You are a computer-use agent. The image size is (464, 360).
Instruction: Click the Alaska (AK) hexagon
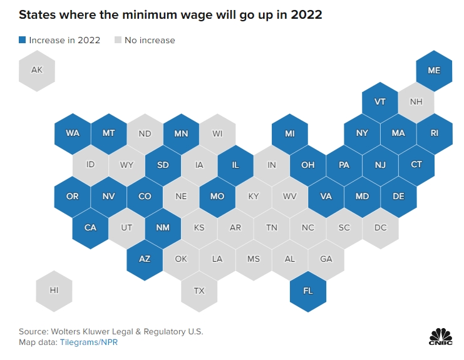pyautogui.click(x=37, y=70)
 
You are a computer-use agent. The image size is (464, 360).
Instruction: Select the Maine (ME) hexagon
pyautogui.click(x=434, y=70)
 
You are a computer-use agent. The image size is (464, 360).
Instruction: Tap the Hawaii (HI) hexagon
pyautogui.click(x=55, y=291)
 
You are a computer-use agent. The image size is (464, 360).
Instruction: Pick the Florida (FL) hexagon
pyautogui.click(x=308, y=291)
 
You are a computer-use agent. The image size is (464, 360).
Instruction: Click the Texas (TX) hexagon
pyautogui.click(x=199, y=291)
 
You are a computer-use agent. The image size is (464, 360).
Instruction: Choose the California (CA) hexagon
pyautogui.click(x=91, y=227)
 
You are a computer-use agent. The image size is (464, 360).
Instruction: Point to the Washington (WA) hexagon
pyautogui.click(x=73, y=133)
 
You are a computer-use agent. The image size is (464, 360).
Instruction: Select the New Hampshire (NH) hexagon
pyautogui.click(x=416, y=101)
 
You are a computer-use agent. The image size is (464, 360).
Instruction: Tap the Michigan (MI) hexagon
pyautogui.click(x=290, y=133)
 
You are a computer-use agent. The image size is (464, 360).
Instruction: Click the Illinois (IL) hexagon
pyautogui.click(x=235, y=165)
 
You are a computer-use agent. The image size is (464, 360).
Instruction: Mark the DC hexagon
pyautogui.click(x=380, y=227)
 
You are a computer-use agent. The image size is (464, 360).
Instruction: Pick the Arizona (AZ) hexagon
pyautogui.click(x=145, y=259)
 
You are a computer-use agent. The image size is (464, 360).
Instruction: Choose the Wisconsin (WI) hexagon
pyautogui.click(x=217, y=133)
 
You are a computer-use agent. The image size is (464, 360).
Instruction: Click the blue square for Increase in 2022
pyautogui.click(x=23, y=40)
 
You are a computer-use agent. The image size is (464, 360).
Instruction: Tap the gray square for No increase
pyautogui.click(x=118, y=40)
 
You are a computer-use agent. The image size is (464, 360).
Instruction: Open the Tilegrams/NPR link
pyautogui.click(x=89, y=342)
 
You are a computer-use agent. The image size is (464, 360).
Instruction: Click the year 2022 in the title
pyautogui.click(x=304, y=14)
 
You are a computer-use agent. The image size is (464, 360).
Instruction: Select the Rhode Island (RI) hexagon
pyautogui.click(x=434, y=133)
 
